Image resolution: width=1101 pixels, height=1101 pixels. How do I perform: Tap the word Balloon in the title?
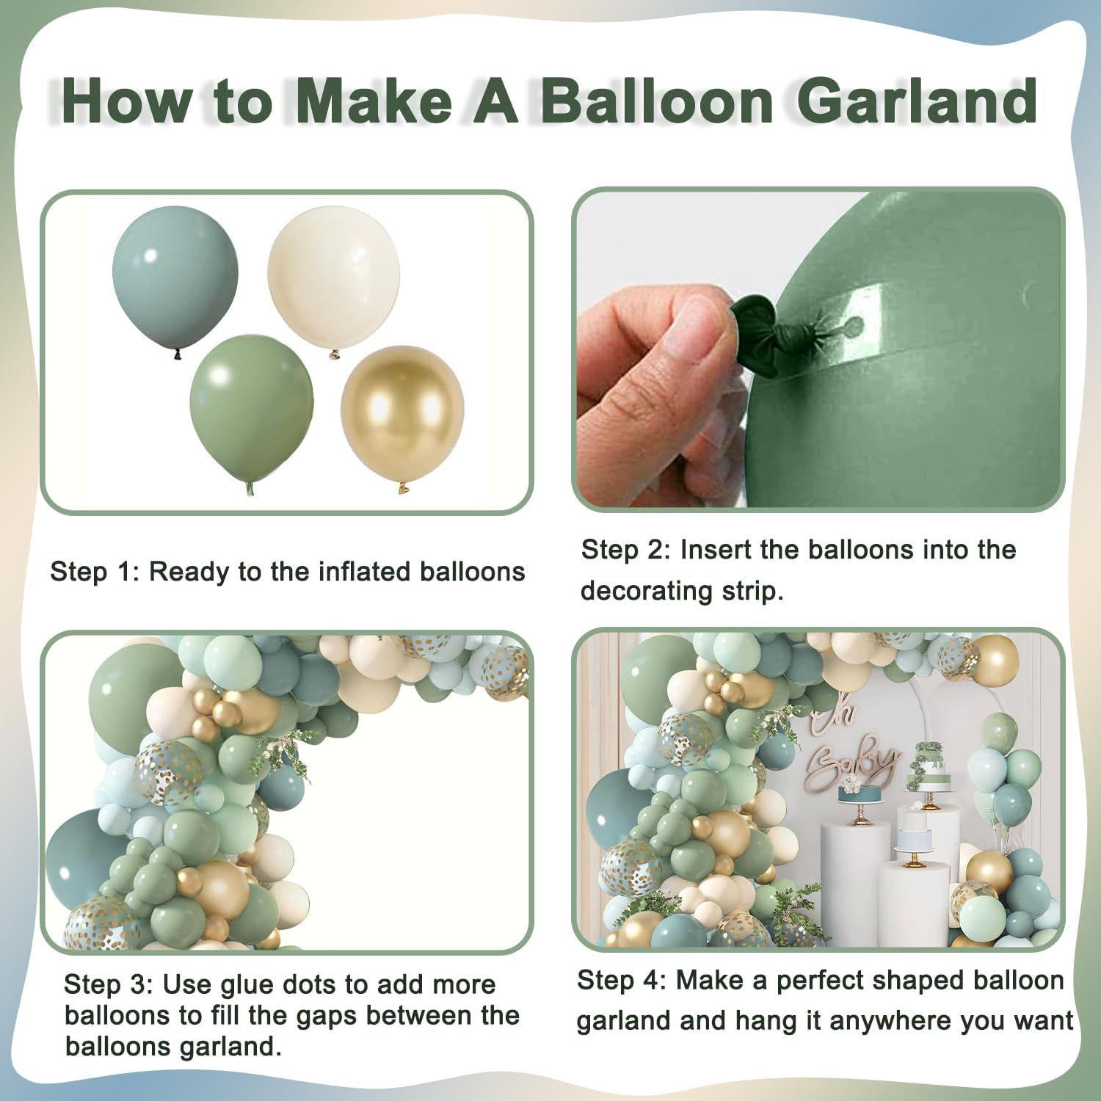[657, 101]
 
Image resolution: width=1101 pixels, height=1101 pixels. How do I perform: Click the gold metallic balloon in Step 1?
[401, 411]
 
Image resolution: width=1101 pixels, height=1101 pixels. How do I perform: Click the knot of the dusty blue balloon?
[177, 355]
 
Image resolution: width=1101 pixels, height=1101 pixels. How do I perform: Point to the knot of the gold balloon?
[402, 487]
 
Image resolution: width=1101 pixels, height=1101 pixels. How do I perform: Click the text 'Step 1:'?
[94, 572]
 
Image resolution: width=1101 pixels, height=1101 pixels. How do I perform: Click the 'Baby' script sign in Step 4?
[855, 763]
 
